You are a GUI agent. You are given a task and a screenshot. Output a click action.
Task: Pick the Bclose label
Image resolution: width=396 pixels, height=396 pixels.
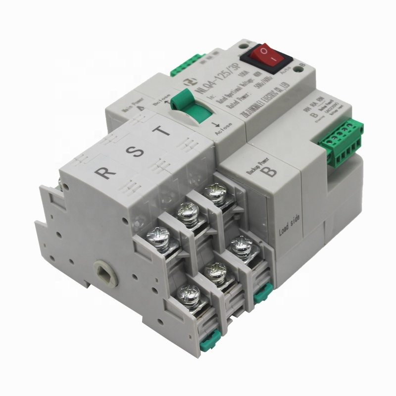(x=164, y=93)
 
